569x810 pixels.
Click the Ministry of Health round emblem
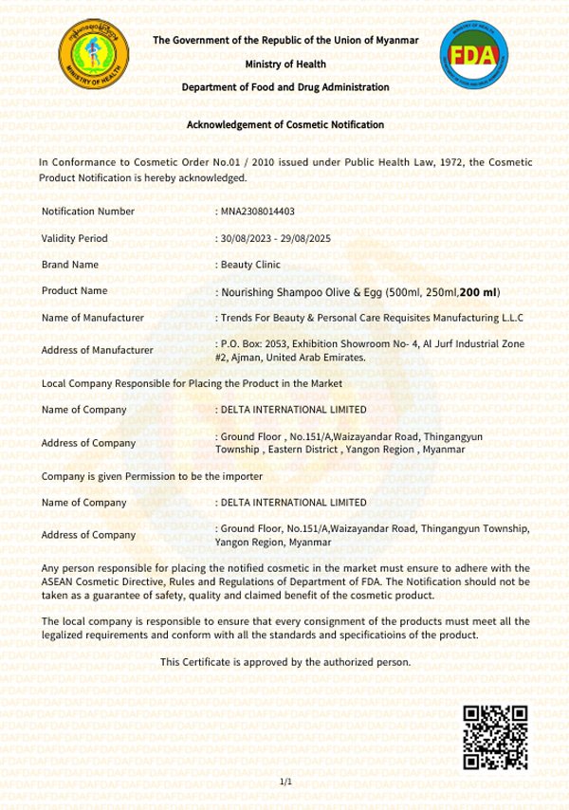(93, 55)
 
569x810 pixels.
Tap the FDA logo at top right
(473, 55)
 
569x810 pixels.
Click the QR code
(494, 737)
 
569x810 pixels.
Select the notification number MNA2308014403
(258, 211)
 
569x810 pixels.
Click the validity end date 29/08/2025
(302, 238)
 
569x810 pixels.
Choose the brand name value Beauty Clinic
(250, 265)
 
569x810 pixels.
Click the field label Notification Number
(88, 211)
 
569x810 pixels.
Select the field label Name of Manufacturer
(93, 318)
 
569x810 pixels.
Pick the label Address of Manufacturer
(98, 350)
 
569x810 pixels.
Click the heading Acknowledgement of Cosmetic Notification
(284, 124)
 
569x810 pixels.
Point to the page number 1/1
(285, 782)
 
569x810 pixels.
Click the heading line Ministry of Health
(285, 64)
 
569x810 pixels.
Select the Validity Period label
(75, 238)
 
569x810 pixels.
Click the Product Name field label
(75, 291)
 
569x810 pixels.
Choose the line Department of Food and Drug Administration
(285, 87)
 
